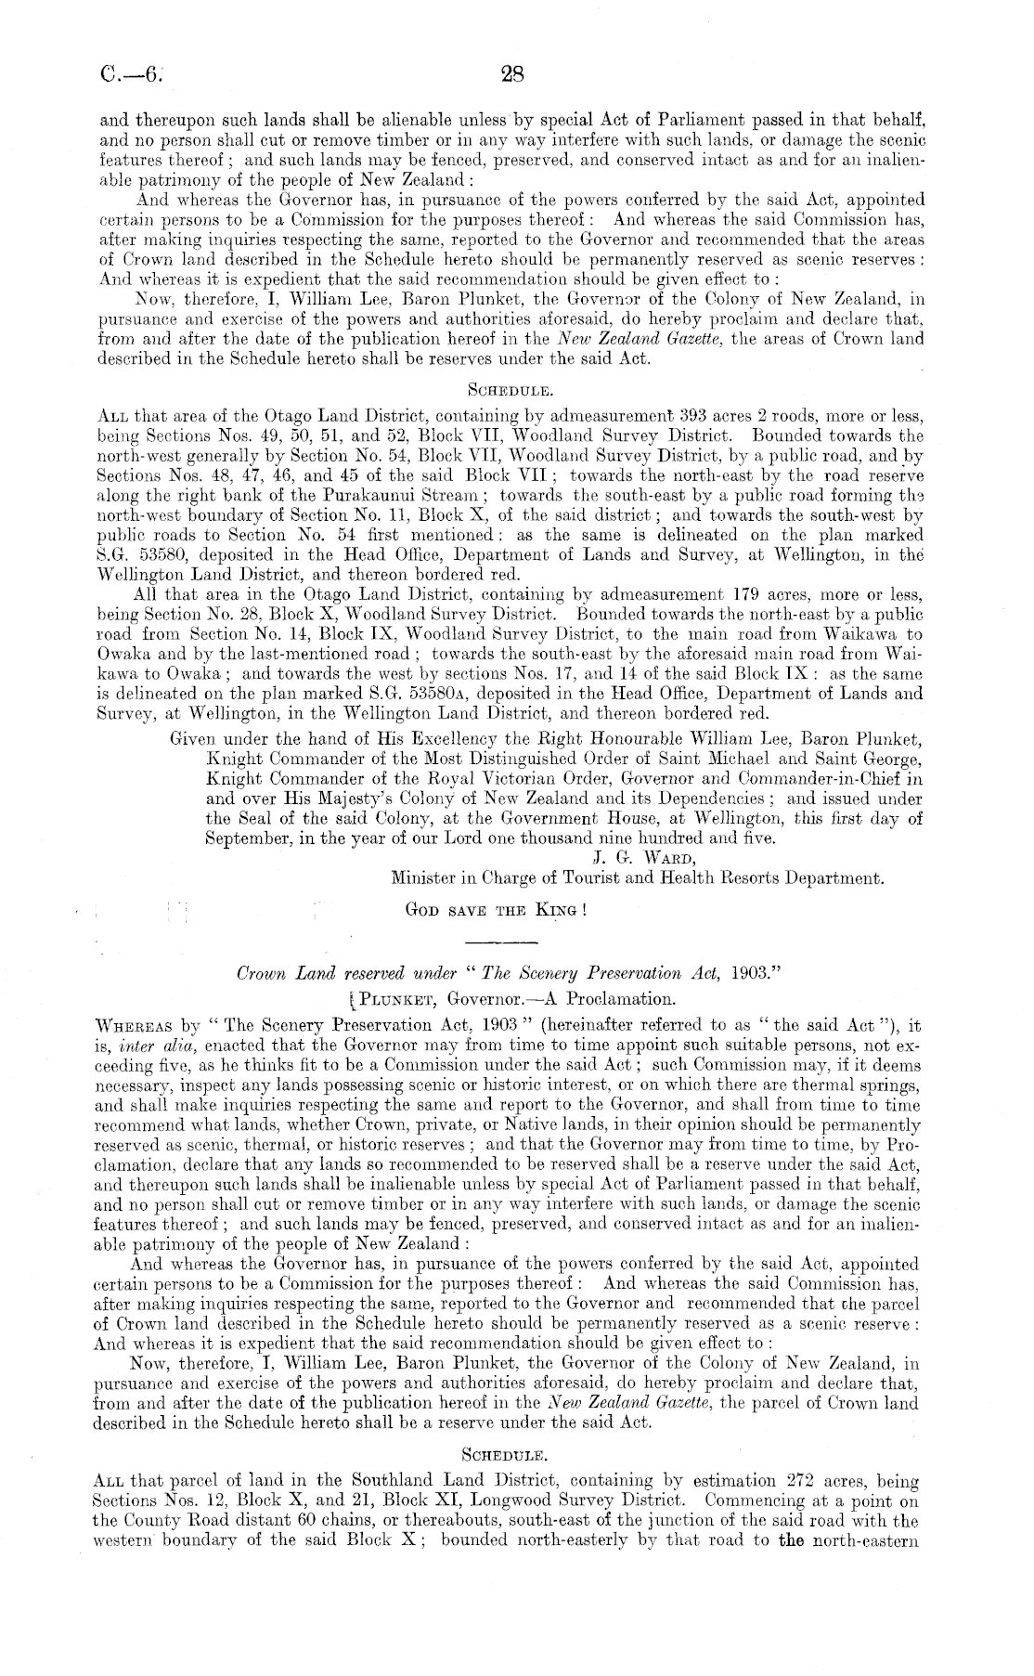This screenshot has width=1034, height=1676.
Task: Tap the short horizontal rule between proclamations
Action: pyautogui.click(x=513, y=942)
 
